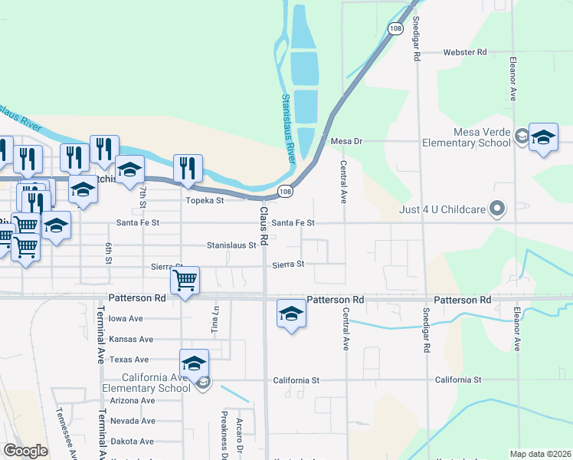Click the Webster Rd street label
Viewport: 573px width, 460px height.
click(x=465, y=53)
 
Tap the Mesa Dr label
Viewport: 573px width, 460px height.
click(x=345, y=141)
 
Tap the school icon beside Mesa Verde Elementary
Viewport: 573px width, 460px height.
click(x=543, y=138)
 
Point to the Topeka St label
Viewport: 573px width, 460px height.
click(x=205, y=201)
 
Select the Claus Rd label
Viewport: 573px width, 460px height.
click(x=263, y=225)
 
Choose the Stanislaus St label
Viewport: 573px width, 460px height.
click(x=231, y=245)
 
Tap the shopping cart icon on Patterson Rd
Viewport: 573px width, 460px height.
click(x=185, y=281)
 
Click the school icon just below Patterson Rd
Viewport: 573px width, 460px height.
click(x=290, y=314)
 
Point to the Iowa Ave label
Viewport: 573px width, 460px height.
click(x=126, y=319)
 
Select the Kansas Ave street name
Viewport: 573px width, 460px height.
click(x=131, y=339)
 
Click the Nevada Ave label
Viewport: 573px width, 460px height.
click(x=133, y=421)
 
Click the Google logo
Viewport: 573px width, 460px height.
click(x=25, y=451)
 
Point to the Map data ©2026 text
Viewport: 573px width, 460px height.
click(x=539, y=454)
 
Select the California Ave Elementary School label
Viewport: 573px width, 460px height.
click(x=156, y=383)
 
